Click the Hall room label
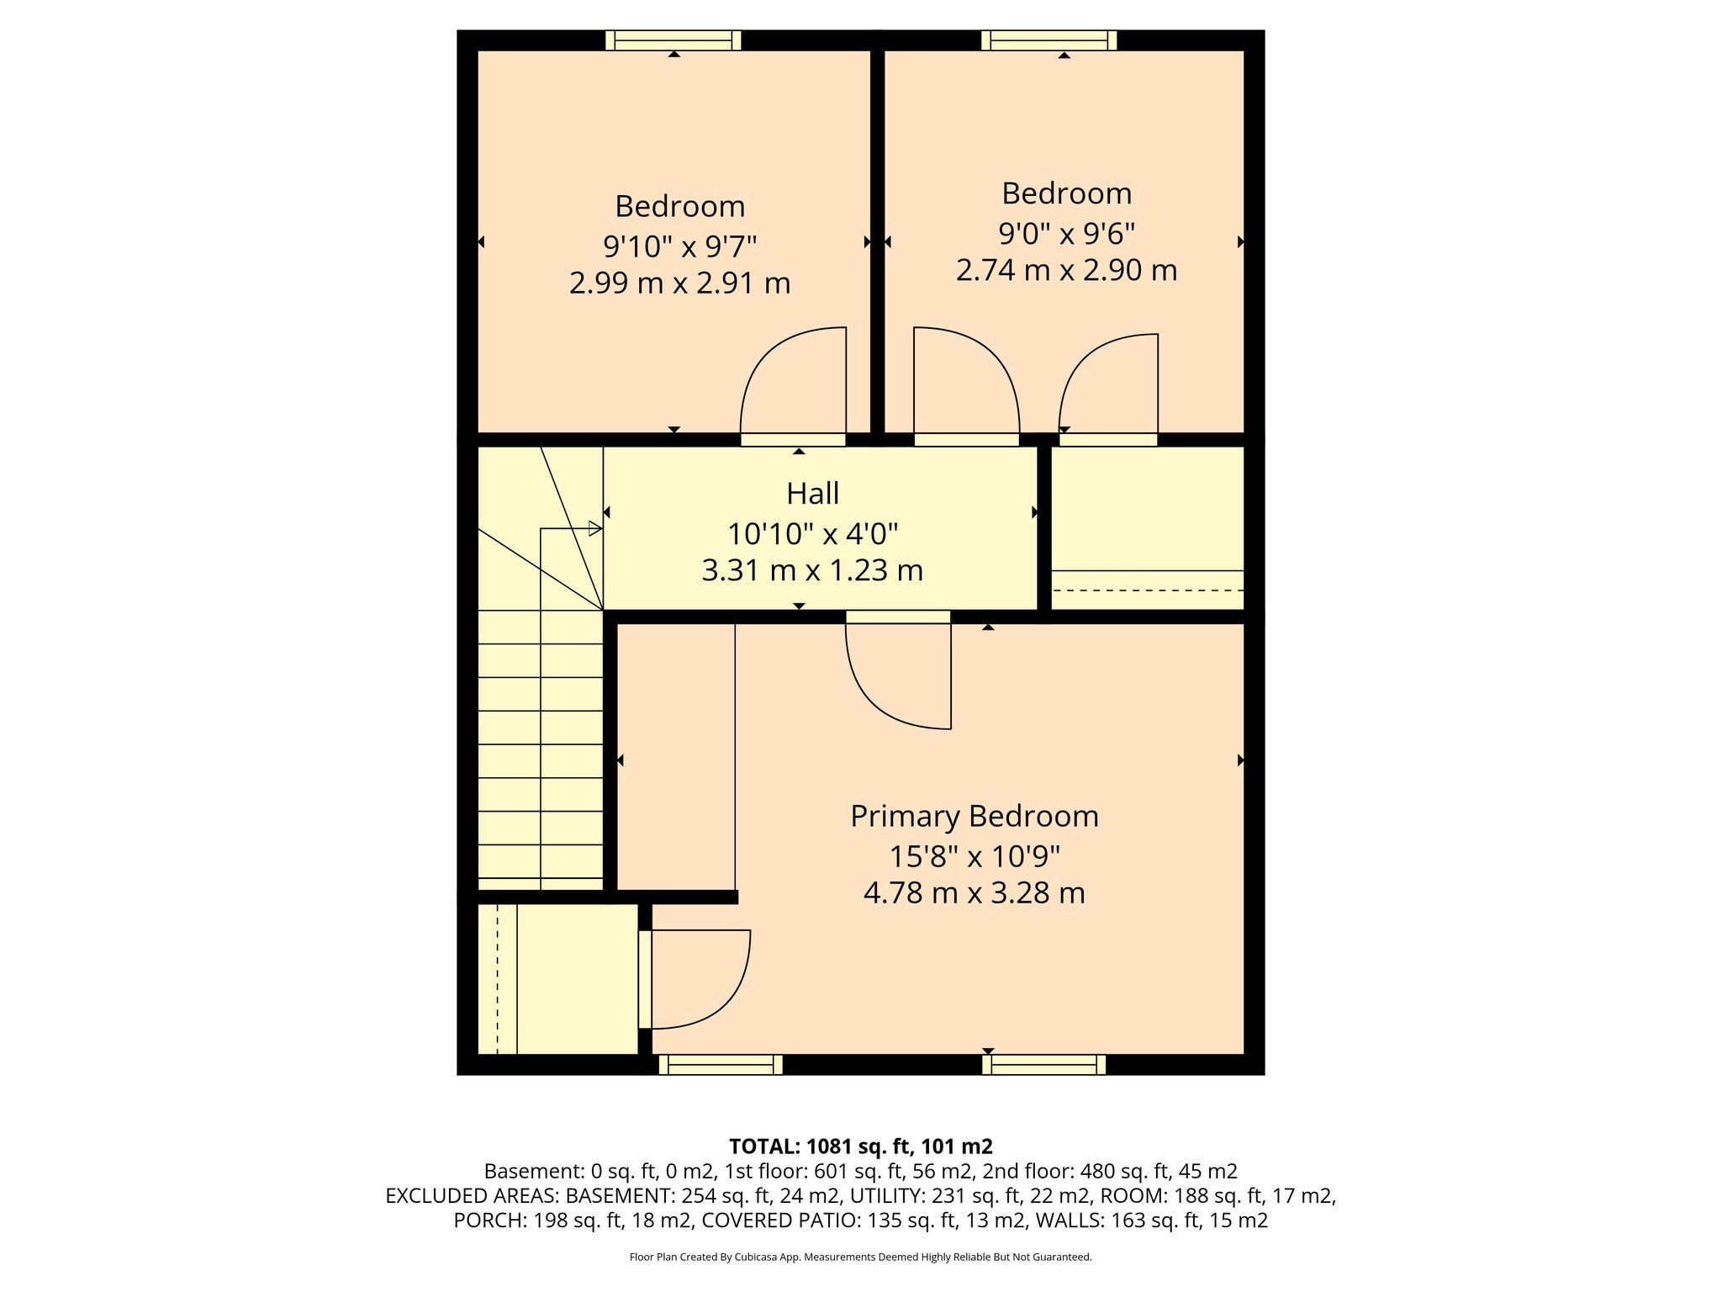click(x=812, y=494)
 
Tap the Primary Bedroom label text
click(x=974, y=817)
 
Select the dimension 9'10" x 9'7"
click(x=679, y=246)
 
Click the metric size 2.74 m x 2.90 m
click(x=1066, y=270)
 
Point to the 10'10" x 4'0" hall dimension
click(x=812, y=533)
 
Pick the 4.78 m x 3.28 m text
click(x=974, y=892)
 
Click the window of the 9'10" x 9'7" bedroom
click(x=673, y=40)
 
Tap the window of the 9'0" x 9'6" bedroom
click(x=1049, y=40)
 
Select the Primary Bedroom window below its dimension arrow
click(x=1043, y=1065)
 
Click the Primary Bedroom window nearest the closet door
click(x=721, y=1065)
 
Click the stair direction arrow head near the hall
click(x=594, y=529)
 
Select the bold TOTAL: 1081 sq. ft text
click(x=860, y=1146)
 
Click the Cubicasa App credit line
click(x=860, y=1258)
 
